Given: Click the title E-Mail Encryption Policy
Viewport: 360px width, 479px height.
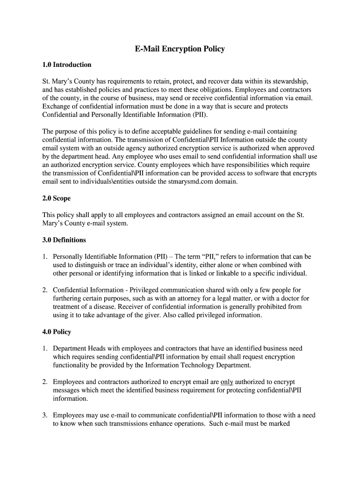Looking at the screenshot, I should pyautogui.click(x=180, y=49).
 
